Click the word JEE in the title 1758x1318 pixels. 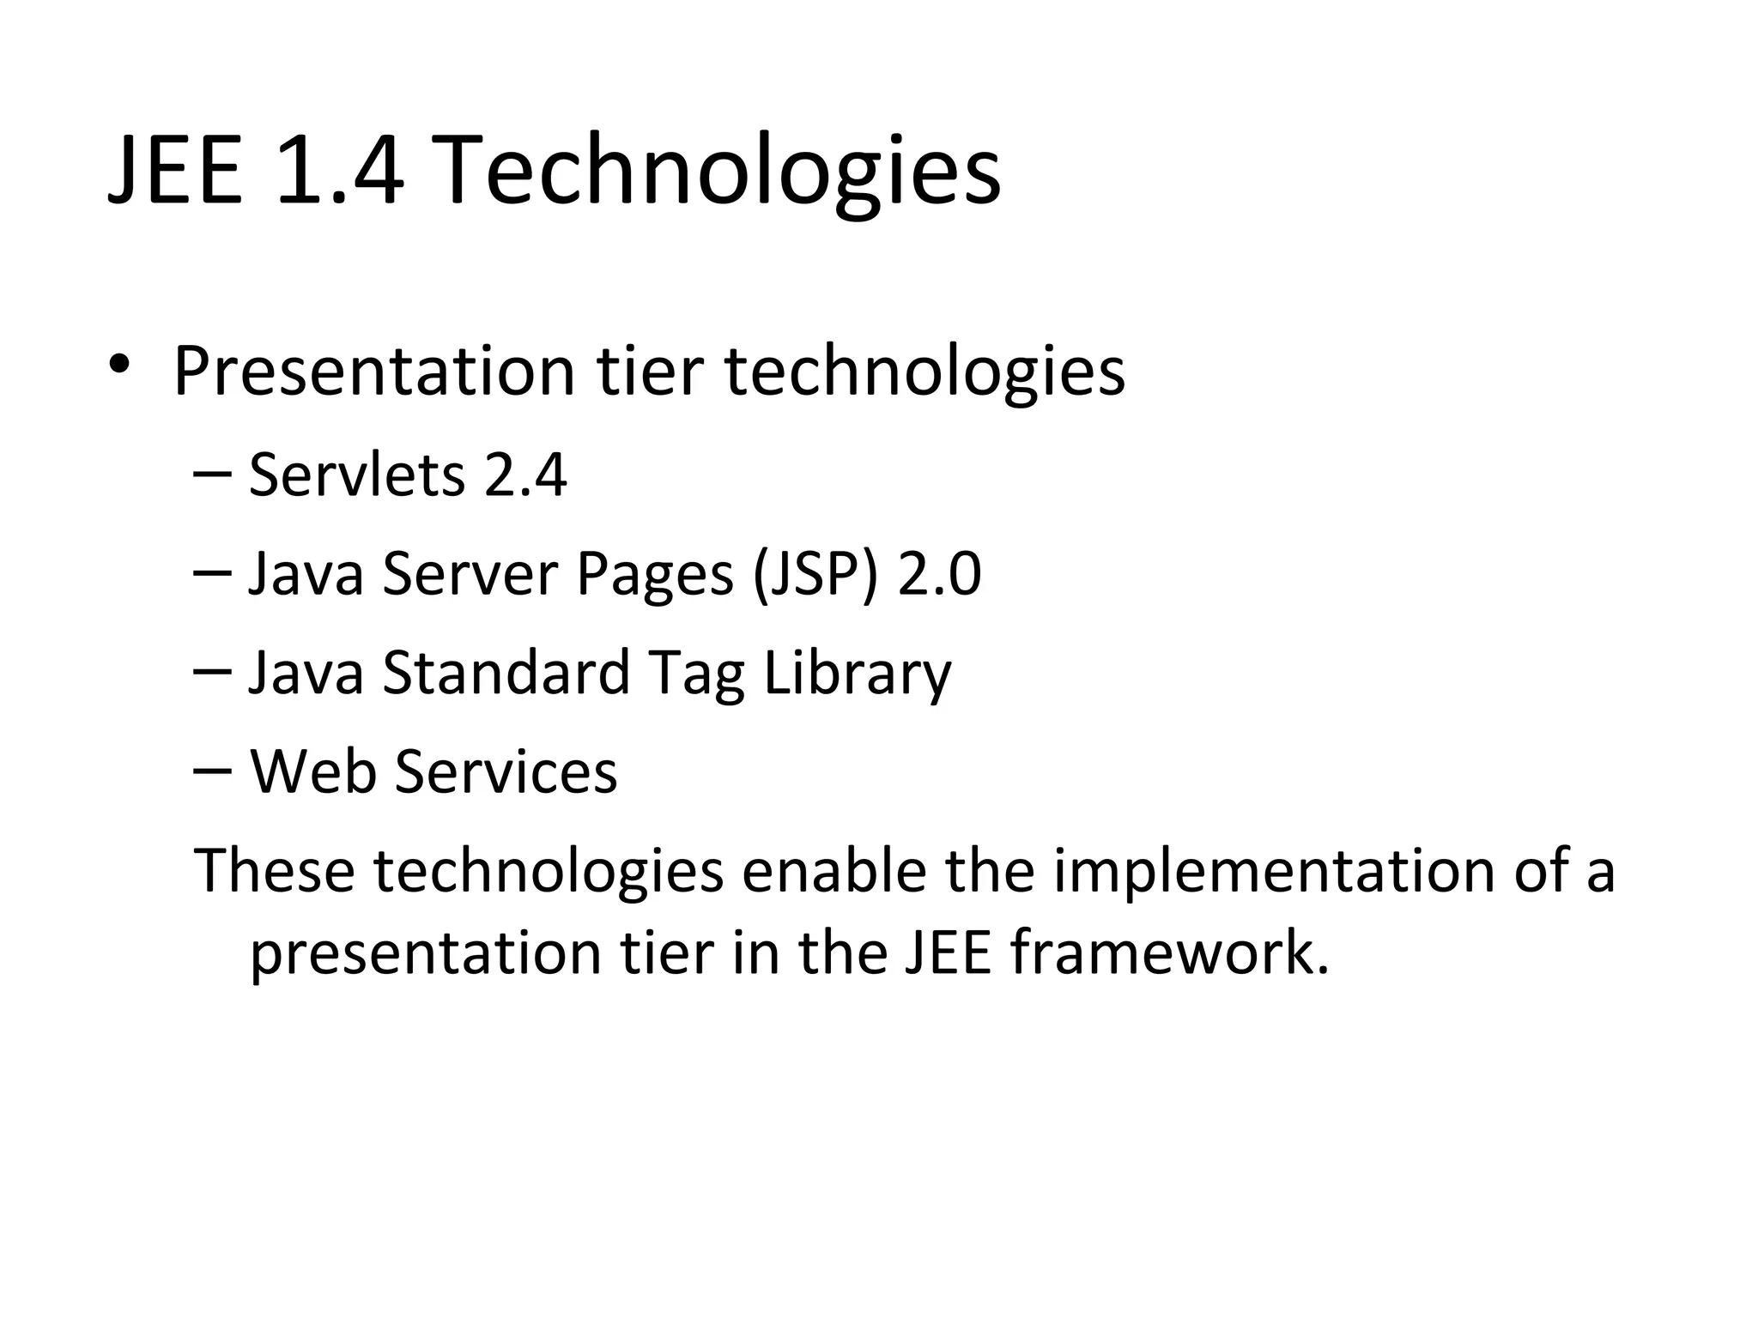pos(175,171)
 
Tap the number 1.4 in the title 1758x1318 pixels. pos(340,171)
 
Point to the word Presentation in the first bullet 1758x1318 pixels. pos(373,371)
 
